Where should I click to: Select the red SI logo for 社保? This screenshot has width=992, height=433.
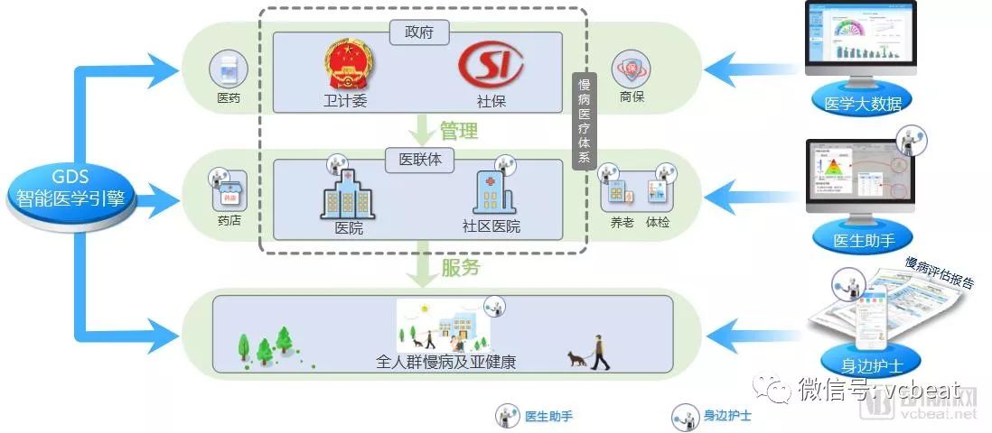pyautogui.click(x=491, y=66)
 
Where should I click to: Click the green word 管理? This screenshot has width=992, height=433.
pyautogui.click(x=459, y=130)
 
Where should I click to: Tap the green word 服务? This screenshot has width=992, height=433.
pyautogui.click(x=460, y=268)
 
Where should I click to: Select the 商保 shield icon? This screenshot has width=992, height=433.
pyautogui.click(x=632, y=69)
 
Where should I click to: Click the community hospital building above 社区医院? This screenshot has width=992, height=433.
pyautogui.click(x=493, y=190)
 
